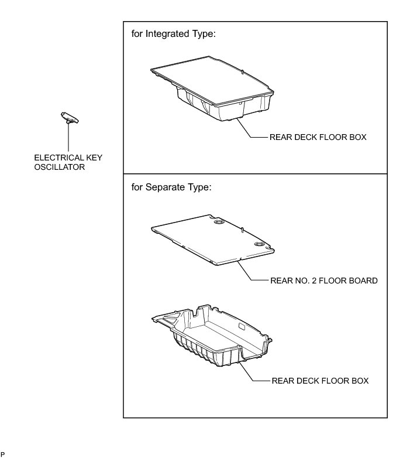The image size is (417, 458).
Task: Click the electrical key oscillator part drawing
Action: pyautogui.click(x=70, y=118)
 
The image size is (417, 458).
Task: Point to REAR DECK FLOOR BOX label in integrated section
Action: pyautogui.click(x=318, y=138)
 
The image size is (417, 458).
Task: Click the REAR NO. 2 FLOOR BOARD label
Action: pyautogui.click(x=323, y=281)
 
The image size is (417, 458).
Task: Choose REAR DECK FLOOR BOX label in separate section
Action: pyautogui.click(x=320, y=381)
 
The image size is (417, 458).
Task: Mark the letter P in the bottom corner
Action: pyautogui.click(x=2, y=454)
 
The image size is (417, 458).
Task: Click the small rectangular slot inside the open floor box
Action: pyautogui.click(x=241, y=326)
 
